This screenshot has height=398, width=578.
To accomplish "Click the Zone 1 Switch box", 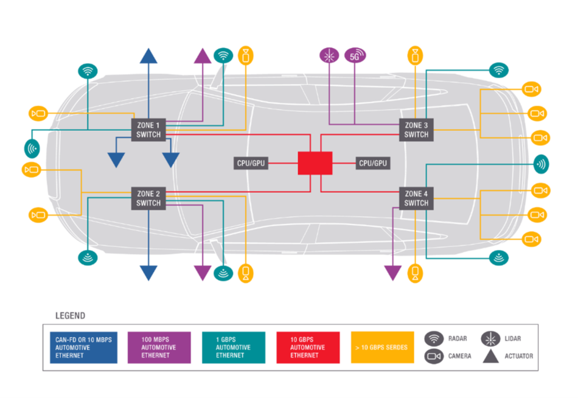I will pos(148,130).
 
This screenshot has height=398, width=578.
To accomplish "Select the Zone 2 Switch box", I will pos(148,198).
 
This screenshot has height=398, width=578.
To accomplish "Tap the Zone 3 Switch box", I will pos(416,130).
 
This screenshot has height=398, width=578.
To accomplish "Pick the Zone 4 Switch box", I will pos(416,198).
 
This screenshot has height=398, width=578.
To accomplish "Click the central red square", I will pos(315,163).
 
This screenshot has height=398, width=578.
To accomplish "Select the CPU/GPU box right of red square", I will pos(373,163).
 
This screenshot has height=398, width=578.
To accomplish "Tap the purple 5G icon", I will pos(355,56).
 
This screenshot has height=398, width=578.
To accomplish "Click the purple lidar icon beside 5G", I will pos(329,56).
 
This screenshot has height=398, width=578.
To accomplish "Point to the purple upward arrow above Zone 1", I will pos(202,55).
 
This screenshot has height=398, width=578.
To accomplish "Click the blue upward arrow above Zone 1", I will pos(148,55).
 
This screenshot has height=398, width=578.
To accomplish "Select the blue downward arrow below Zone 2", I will pos(148,273).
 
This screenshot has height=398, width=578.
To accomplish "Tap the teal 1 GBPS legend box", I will pos(234,347).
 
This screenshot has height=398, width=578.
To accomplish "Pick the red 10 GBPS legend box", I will pos(308,347).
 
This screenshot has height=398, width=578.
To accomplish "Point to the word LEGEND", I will pos(70,316).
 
